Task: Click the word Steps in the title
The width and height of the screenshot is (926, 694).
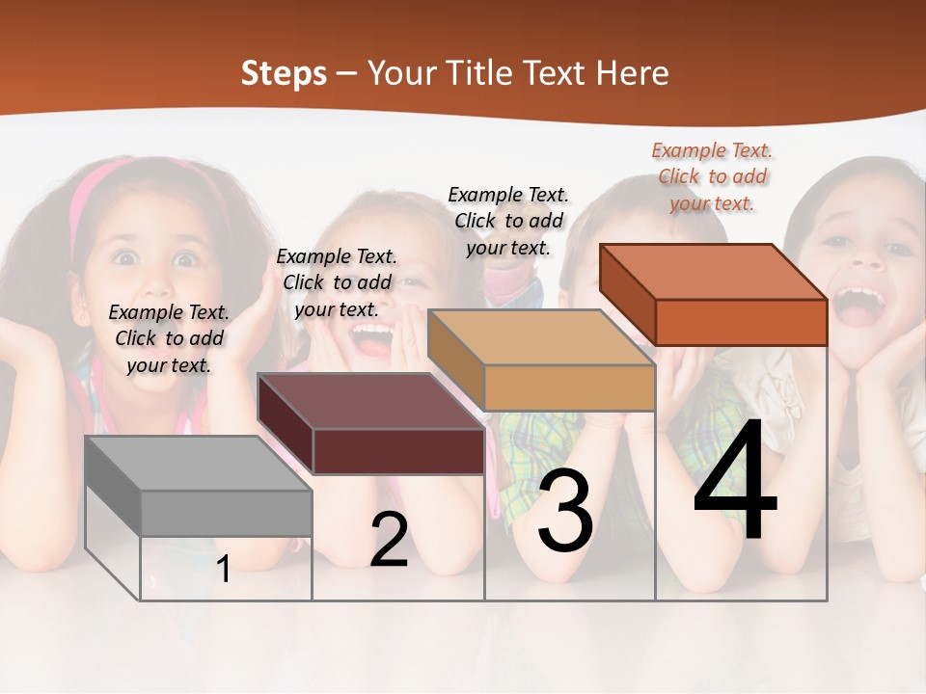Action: tap(284, 73)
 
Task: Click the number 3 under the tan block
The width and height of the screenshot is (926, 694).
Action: tap(564, 511)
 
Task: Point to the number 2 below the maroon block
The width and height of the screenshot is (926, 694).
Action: tap(389, 540)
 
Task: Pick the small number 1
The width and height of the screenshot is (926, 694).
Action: tap(223, 570)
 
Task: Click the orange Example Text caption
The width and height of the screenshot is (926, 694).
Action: tap(712, 176)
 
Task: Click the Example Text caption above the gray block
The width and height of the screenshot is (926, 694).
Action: tap(169, 338)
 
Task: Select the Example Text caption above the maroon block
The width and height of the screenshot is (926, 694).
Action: tap(337, 282)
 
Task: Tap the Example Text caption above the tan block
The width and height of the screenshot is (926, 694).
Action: tap(508, 221)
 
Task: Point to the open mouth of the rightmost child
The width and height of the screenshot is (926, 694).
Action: tap(861, 304)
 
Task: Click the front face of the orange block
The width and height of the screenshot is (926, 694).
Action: tap(741, 322)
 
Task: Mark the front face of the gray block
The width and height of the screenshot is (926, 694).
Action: tap(226, 513)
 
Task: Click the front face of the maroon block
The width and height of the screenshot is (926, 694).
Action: tap(398, 451)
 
